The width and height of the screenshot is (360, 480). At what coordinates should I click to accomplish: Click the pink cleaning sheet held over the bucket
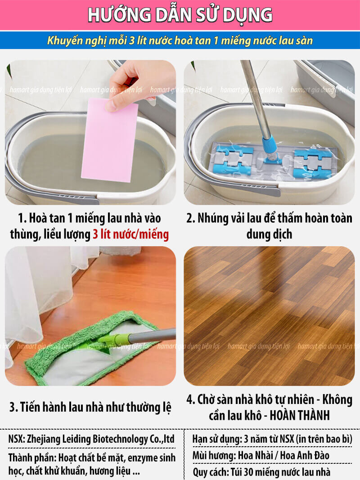[x=110, y=141]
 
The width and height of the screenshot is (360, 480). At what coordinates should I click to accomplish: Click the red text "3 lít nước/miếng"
[x=130, y=234]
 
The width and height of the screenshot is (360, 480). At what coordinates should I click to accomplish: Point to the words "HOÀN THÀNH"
[x=300, y=415]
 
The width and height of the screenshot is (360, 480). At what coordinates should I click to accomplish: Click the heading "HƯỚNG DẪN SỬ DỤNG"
[x=180, y=15]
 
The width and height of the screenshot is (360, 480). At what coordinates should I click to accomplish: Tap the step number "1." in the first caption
[x=22, y=218]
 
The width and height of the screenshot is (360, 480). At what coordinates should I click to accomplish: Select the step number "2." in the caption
[x=191, y=218]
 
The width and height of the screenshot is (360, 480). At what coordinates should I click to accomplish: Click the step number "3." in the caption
[x=13, y=408]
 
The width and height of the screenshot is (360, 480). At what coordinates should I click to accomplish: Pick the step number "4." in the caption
[x=191, y=399]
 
